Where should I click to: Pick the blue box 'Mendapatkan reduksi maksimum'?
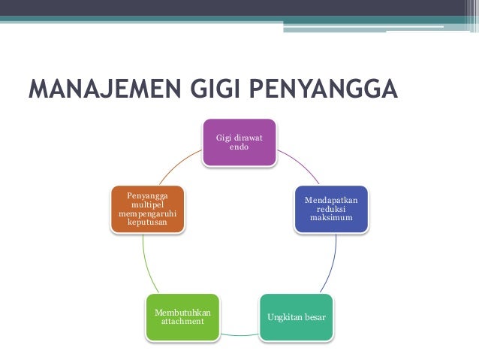[330, 209]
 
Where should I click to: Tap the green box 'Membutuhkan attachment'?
[182, 316]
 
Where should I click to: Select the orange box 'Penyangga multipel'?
[149, 209]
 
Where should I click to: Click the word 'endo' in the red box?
[239, 147]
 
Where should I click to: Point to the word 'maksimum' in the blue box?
[330, 218]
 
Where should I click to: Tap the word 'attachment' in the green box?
[182, 322]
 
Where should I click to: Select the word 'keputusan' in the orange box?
[149, 223]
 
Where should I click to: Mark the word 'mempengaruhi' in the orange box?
[149, 214]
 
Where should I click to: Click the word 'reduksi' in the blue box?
[330, 209]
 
